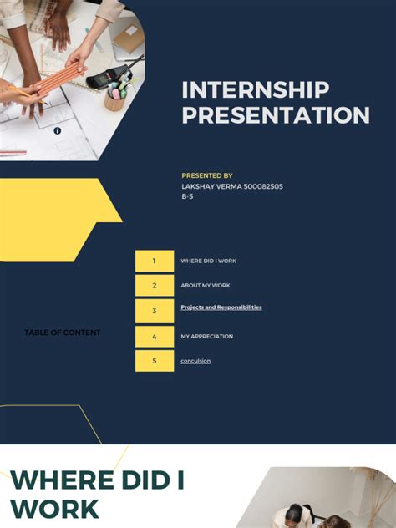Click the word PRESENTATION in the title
275,115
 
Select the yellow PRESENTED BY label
206,176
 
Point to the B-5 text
188,197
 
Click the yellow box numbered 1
155,261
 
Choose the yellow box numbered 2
155,286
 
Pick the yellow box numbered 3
155,311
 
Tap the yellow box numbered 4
155,337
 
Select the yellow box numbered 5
155,361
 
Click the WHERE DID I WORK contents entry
208,261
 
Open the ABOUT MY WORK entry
206,286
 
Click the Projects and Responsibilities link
221,307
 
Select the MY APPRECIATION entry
206,337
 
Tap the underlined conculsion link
195,361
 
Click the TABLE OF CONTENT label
62,333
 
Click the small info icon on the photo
57,130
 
